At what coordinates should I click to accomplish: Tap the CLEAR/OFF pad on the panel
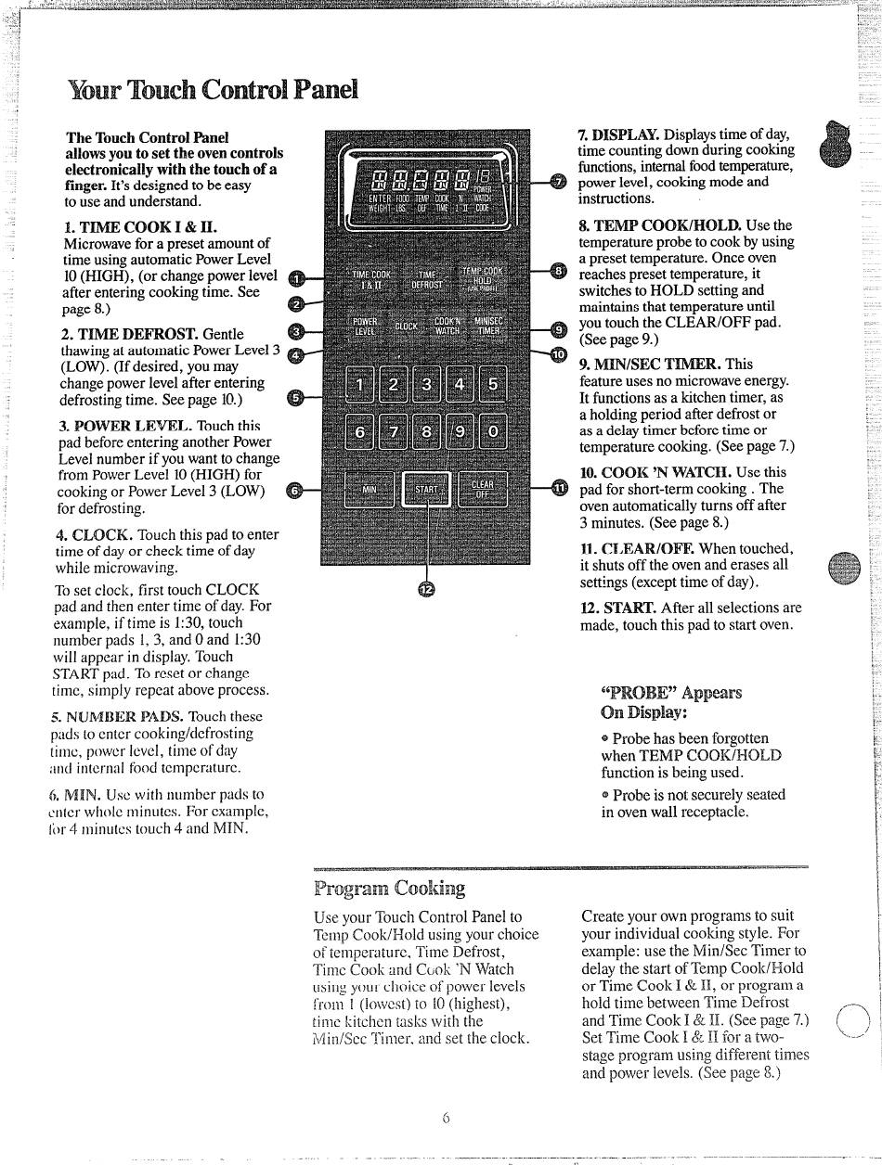(x=483, y=489)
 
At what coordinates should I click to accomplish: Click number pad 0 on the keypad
(x=492, y=431)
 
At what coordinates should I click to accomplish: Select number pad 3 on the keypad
(x=426, y=383)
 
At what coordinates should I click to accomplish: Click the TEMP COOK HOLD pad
(x=488, y=277)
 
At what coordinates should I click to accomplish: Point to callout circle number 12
(x=426, y=590)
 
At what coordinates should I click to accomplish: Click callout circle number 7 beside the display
(x=557, y=181)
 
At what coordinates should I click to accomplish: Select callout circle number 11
(x=558, y=489)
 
